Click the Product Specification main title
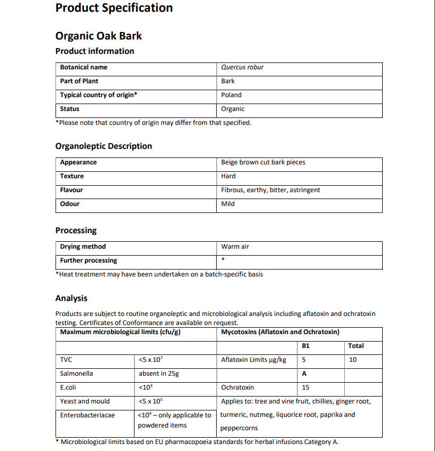tap(114, 8)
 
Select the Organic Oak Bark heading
tap(99, 36)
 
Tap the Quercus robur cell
tap(242, 67)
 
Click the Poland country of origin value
tap(231, 95)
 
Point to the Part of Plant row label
tap(79, 81)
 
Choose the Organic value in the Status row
tap(233, 109)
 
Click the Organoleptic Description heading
tap(104, 146)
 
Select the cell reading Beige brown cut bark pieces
tap(263, 162)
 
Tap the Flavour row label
tap(72, 190)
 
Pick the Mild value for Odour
tap(228, 204)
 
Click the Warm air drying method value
tap(235, 247)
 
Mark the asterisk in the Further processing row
tap(223, 260)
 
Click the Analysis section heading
tap(71, 298)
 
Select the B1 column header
tap(306, 346)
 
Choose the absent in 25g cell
tap(159, 374)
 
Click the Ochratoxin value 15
tap(305, 387)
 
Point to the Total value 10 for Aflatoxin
tap(353, 360)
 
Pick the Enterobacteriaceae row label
tap(87, 415)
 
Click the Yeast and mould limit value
tap(151, 401)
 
